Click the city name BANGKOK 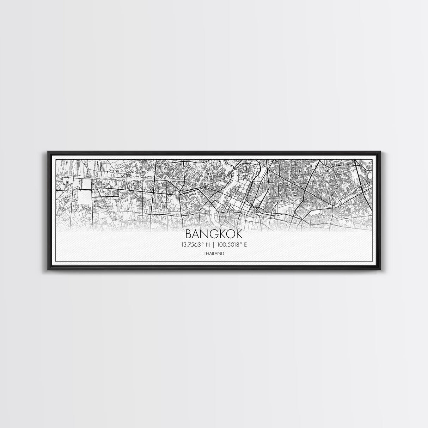pyautogui.click(x=214, y=234)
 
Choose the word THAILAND pyautogui.click(x=214, y=253)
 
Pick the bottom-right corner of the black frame pyautogui.click(x=381, y=269)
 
